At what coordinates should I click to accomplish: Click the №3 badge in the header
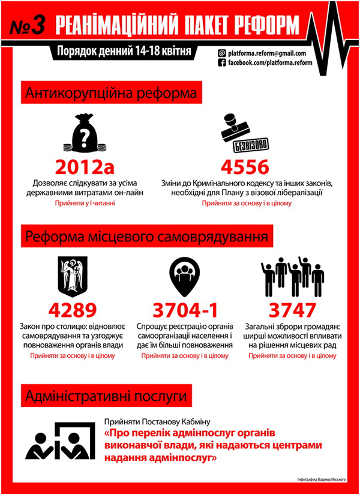coord(29,26)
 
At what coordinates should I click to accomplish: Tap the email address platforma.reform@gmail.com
coord(266,53)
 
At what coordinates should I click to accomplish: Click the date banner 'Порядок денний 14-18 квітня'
coord(123,52)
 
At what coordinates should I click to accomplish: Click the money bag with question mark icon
coord(84,133)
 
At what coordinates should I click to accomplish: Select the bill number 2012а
coord(84,167)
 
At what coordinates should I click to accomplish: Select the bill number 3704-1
coord(185,310)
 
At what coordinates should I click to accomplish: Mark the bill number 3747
coord(292,310)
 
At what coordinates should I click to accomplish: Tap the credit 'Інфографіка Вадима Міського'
coord(323,480)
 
